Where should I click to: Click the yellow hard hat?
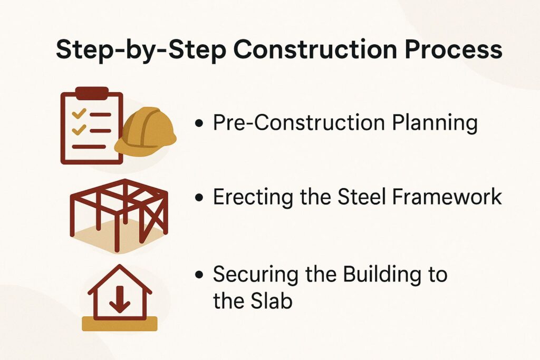pyautogui.click(x=145, y=132)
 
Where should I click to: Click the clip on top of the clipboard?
pyautogui.click(x=92, y=93)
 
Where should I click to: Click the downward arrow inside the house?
pyautogui.click(x=120, y=302)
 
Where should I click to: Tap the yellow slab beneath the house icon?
pyautogui.click(x=120, y=323)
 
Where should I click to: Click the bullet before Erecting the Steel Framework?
pyautogui.click(x=199, y=198)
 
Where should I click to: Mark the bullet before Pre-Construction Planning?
pyautogui.click(x=199, y=124)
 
